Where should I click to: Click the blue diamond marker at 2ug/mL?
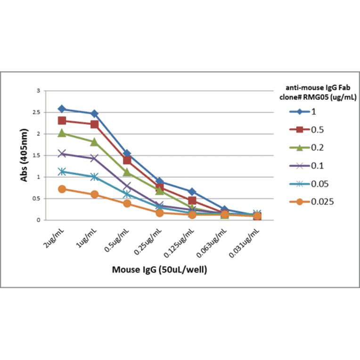pos(62,109)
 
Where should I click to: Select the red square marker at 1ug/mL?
pos(94,124)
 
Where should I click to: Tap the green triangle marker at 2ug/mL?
pos(62,133)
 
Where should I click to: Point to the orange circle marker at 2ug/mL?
pos(62,189)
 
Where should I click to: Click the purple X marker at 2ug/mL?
pos(62,154)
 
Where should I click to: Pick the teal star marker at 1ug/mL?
pos(94,177)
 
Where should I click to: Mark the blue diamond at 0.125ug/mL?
pos(192,191)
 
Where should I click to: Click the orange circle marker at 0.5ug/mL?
pos(127,204)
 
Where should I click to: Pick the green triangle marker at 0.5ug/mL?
pos(127,172)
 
